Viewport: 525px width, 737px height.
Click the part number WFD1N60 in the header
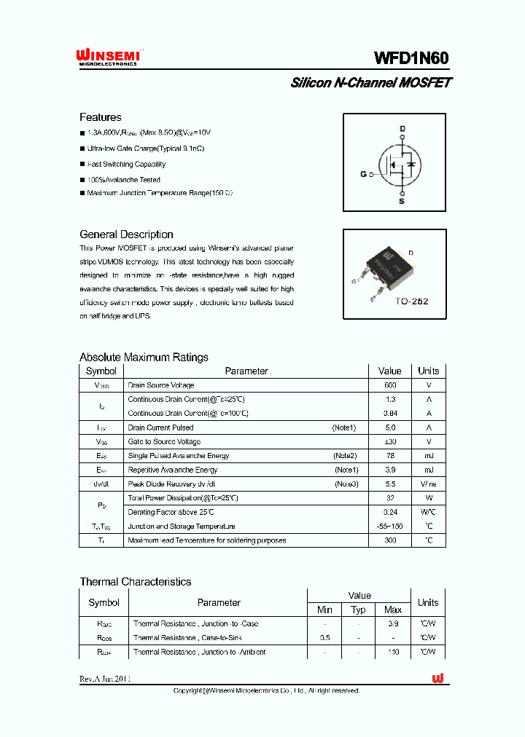click(412, 58)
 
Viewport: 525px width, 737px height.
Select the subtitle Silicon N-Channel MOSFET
click(370, 83)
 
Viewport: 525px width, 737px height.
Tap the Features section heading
click(100, 117)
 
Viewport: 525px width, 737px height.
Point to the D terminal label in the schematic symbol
click(401, 129)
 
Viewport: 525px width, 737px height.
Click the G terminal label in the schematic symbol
click(363, 175)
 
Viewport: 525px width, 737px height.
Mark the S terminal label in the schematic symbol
click(401, 201)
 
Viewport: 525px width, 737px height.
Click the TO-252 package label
click(411, 301)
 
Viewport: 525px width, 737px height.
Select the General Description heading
click(126, 234)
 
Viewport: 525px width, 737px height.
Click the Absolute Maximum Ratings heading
click(144, 357)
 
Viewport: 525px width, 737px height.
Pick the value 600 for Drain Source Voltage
click(390, 385)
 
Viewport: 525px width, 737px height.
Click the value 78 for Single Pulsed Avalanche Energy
click(390, 456)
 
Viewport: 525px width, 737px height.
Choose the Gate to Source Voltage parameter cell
click(164, 442)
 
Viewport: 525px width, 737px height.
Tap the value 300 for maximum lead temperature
click(390, 540)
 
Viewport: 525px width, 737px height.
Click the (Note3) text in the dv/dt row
click(346, 484)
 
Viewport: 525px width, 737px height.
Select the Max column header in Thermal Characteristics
click(393, 610)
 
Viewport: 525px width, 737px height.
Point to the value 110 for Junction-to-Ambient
click(393, 652)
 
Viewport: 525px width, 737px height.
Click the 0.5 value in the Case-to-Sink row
click(324, 638)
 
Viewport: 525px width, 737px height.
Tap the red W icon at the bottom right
click(437, 678)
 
